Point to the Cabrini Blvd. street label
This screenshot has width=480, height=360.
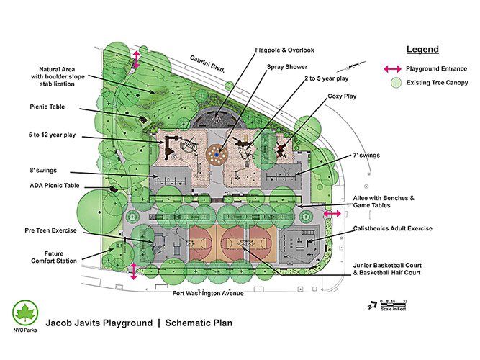pos(208,64)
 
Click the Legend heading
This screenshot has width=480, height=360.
pos(422,50)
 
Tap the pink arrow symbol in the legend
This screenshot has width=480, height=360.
pos(391,69)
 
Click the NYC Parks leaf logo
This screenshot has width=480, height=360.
pos(24,313)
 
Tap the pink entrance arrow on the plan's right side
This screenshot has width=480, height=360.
pos(332,214)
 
